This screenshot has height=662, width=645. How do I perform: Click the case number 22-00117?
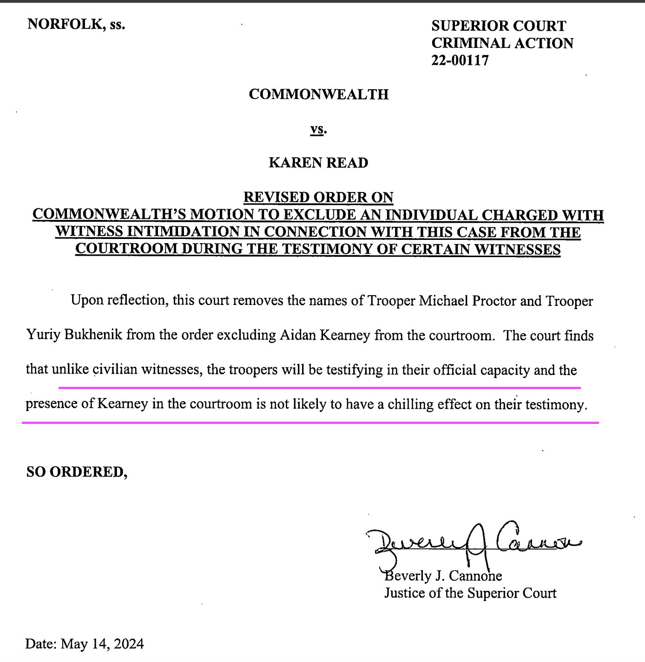coord(460,60)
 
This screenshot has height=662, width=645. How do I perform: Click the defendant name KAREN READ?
coord(318,163)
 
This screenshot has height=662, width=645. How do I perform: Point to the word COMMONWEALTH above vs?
coord(318,94)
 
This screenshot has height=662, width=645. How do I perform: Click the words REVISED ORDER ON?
coord(318,197)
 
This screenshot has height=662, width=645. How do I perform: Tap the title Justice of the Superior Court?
coord(470,593)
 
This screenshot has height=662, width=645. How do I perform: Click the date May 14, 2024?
coord(102,644)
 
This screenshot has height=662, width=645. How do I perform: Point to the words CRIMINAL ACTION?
coord(502,43)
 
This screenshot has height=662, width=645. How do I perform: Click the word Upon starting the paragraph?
coord(86,301)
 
